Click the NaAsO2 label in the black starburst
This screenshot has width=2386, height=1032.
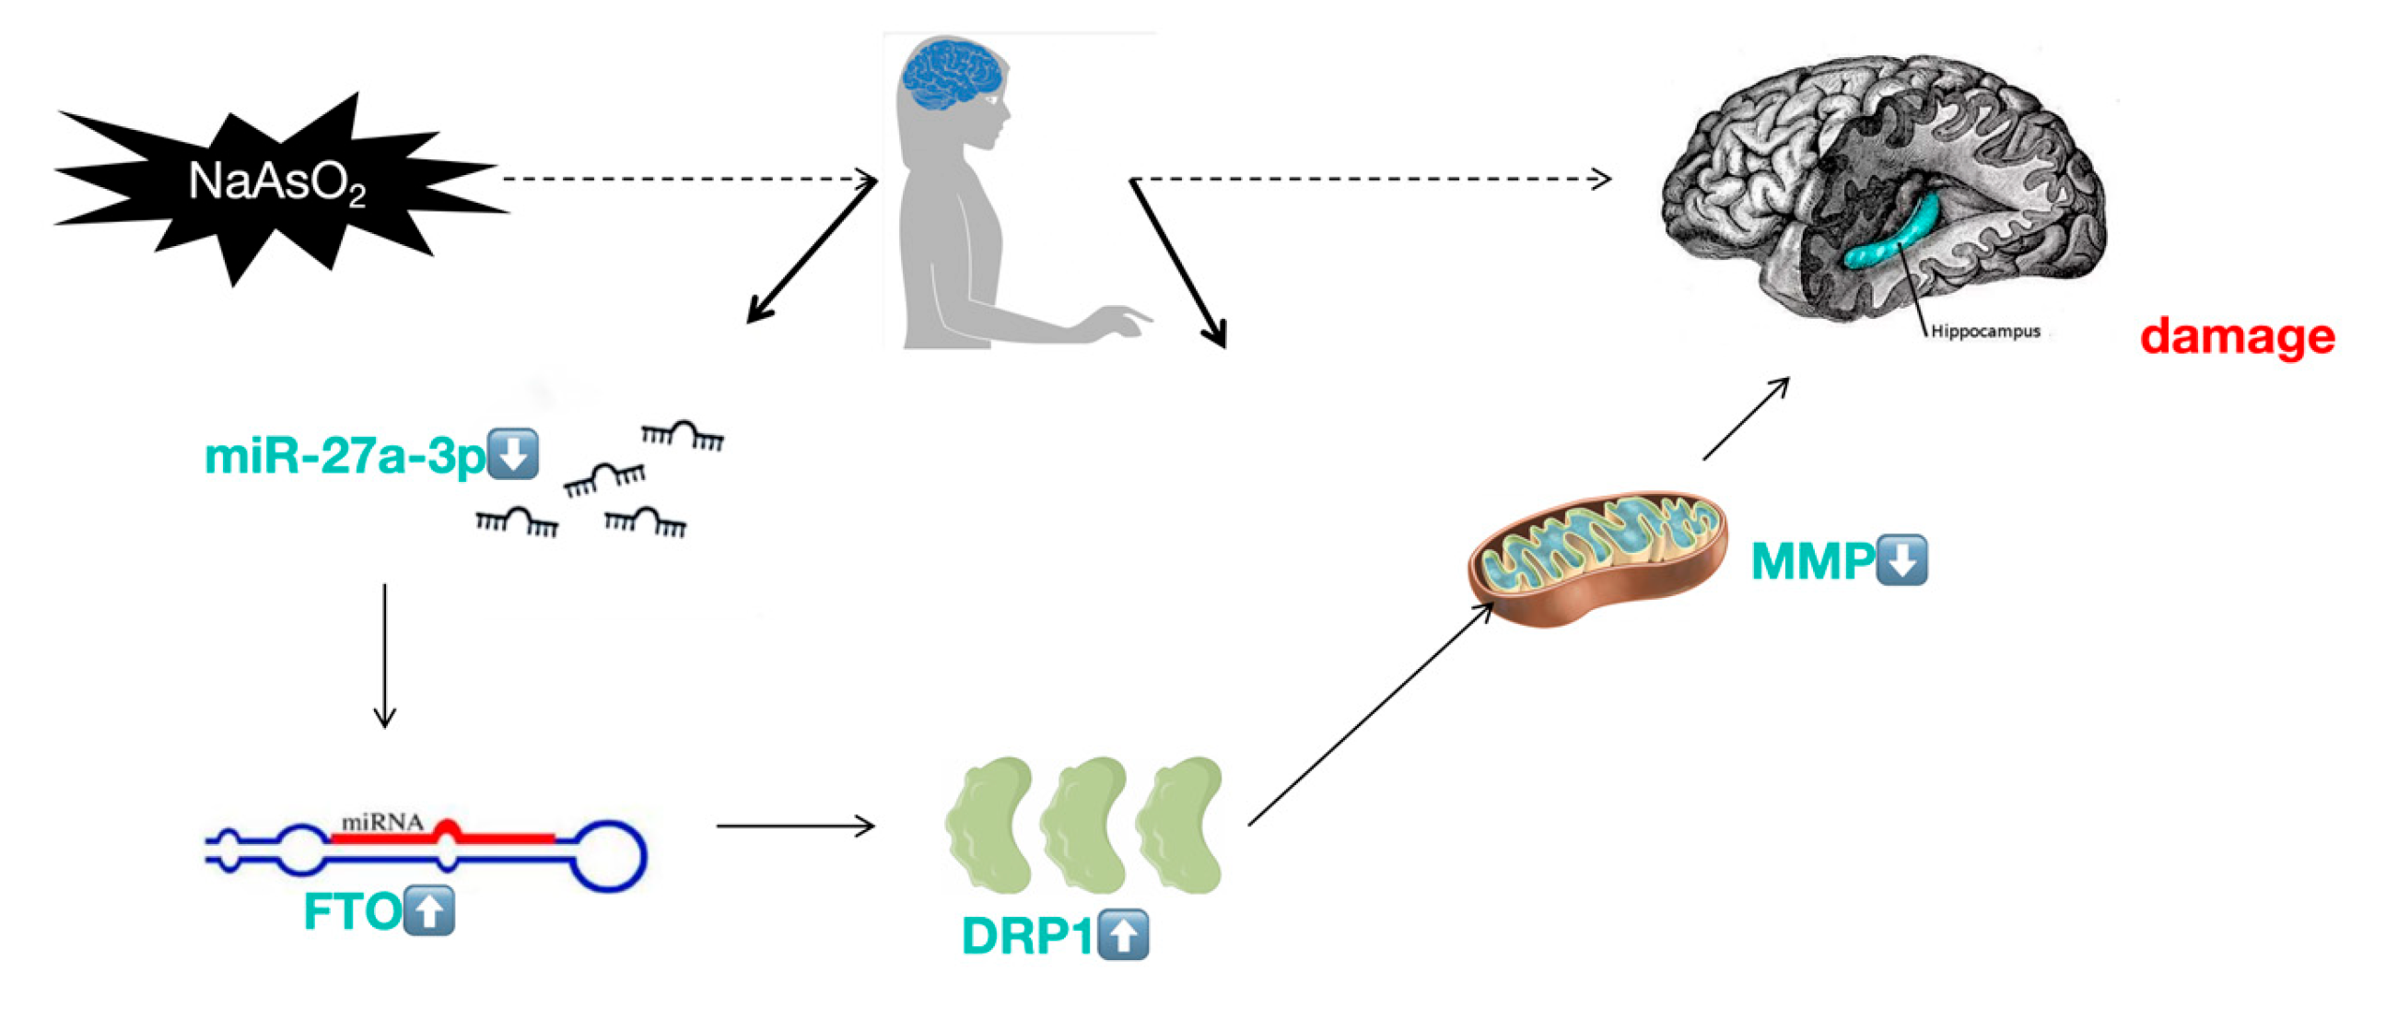(x=276, y=182)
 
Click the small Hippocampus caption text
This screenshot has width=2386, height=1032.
(x=1985, y=331)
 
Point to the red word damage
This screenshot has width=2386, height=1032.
(x=2237, y=335)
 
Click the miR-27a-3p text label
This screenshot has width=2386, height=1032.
(x=344, y=456)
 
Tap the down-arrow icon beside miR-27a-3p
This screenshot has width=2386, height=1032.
(x=512, y=454)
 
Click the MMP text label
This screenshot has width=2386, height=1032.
(x=1812, y=561)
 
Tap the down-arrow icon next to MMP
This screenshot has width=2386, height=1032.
(x=1901, y=559)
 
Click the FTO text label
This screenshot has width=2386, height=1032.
(x=352, y=911)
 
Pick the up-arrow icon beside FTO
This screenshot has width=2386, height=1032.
(x=429, y=910)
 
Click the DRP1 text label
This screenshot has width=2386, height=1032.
(x=1027, y=935)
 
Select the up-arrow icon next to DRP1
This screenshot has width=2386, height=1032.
(x=1123, y=934)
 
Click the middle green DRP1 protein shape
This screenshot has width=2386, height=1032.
(x=1083, y=825)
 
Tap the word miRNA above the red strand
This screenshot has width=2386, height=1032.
(x=381, y=822)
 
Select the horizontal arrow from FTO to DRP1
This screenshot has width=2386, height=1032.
(x=795, y=826)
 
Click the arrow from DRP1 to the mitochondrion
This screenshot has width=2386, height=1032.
(x=1371, y=713)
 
